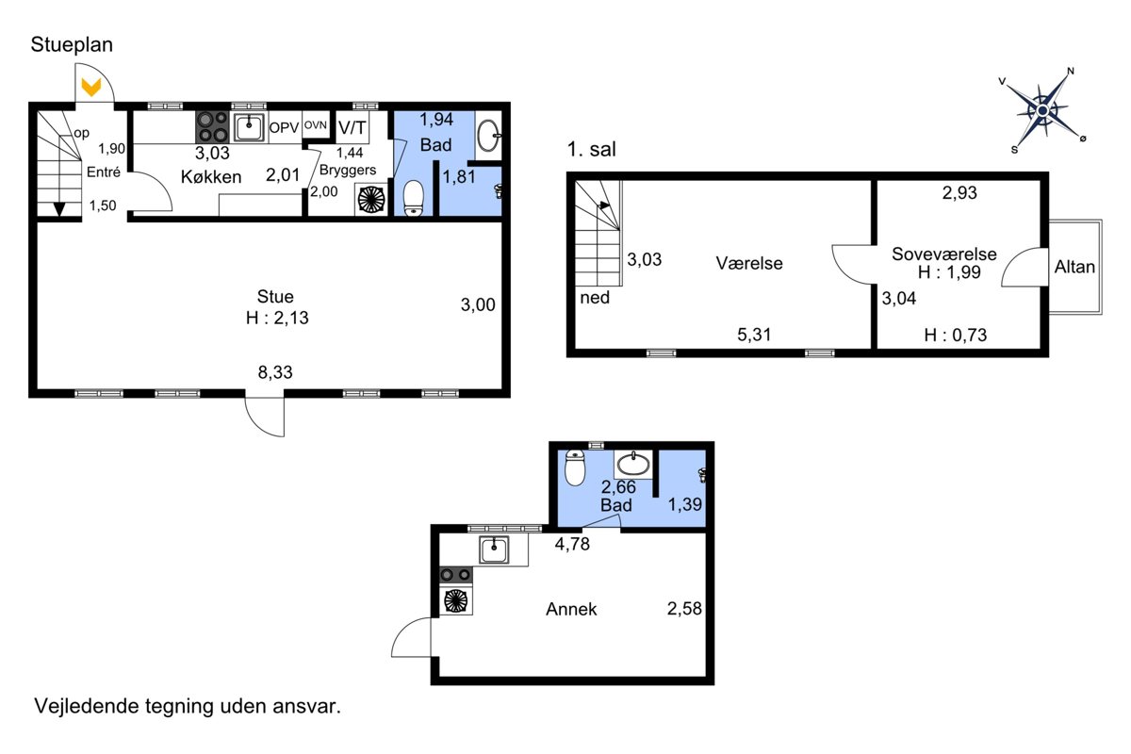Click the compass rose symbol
coord(1043,110)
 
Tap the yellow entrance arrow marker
coord(91,88)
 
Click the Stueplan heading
coord(72,44)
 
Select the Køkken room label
coord(211,177)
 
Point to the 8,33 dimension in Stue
coord(275,372)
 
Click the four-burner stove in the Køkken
coord(212,126)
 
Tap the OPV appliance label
coord(284,127)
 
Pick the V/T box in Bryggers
coord(352,127)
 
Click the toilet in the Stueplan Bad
coord(414,198)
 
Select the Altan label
coord(1074,267)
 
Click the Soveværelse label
coord(944,254)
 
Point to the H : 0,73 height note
coord(956,335)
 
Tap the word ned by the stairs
coord(595,298)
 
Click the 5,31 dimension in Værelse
coord(754,335)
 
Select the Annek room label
coord(571,609)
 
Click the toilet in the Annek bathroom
coord(575,467)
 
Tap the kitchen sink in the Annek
coord(494,549)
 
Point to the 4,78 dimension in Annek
coord(572,544)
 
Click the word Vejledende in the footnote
coord(86,706)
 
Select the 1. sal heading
coord(591,150)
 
